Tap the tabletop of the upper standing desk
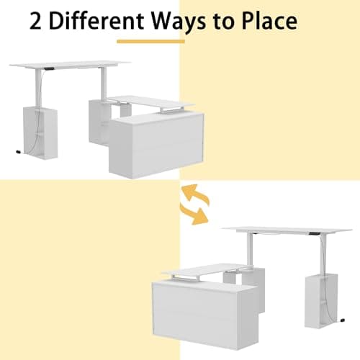coord(72,65)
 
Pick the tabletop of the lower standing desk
coord(288,230)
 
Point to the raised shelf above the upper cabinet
coord(151,102)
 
